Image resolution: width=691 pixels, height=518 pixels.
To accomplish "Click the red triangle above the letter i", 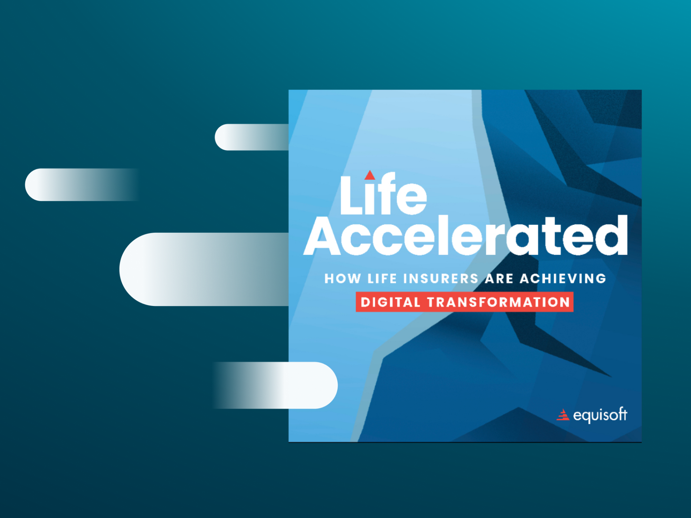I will (x=370, y=175).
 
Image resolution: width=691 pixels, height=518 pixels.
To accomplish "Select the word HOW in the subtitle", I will (x=343, y=278).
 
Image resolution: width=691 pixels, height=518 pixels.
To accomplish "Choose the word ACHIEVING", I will (x=563, y=278).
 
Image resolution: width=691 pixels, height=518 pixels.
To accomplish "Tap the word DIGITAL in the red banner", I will (x=390, y=302).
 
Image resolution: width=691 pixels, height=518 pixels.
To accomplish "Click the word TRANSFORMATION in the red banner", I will (x=499, y=302).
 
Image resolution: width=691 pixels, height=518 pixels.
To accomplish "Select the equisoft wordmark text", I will (x=600, y=415).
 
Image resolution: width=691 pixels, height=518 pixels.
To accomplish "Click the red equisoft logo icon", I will (x=563, y=415).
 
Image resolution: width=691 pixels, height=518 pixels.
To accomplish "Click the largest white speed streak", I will (x=204, y=269).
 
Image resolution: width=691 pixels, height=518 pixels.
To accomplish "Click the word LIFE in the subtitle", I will (x=382, y=278).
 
